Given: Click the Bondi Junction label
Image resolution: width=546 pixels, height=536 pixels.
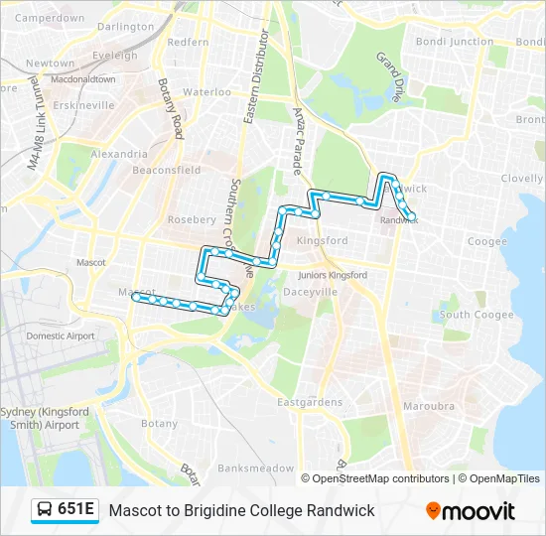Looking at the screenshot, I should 455,42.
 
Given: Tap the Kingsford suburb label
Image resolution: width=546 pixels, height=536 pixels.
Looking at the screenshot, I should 322,240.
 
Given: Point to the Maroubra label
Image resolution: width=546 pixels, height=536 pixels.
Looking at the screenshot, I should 429,406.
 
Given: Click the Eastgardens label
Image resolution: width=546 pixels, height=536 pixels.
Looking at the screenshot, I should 310,402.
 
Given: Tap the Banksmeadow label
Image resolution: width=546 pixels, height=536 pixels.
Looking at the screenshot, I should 256,468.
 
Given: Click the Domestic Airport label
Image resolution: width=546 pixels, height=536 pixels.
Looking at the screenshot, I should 61,335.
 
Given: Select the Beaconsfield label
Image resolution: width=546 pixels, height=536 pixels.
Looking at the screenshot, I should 160,170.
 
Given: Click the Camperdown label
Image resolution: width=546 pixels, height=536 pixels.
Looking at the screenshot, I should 50,18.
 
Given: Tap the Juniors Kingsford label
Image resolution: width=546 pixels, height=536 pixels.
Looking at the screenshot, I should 333,274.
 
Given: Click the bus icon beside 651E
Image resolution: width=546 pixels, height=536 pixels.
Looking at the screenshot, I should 45,510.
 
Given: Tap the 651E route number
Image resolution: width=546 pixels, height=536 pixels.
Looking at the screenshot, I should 76,510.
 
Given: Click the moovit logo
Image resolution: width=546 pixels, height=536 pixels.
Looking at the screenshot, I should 471,511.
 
